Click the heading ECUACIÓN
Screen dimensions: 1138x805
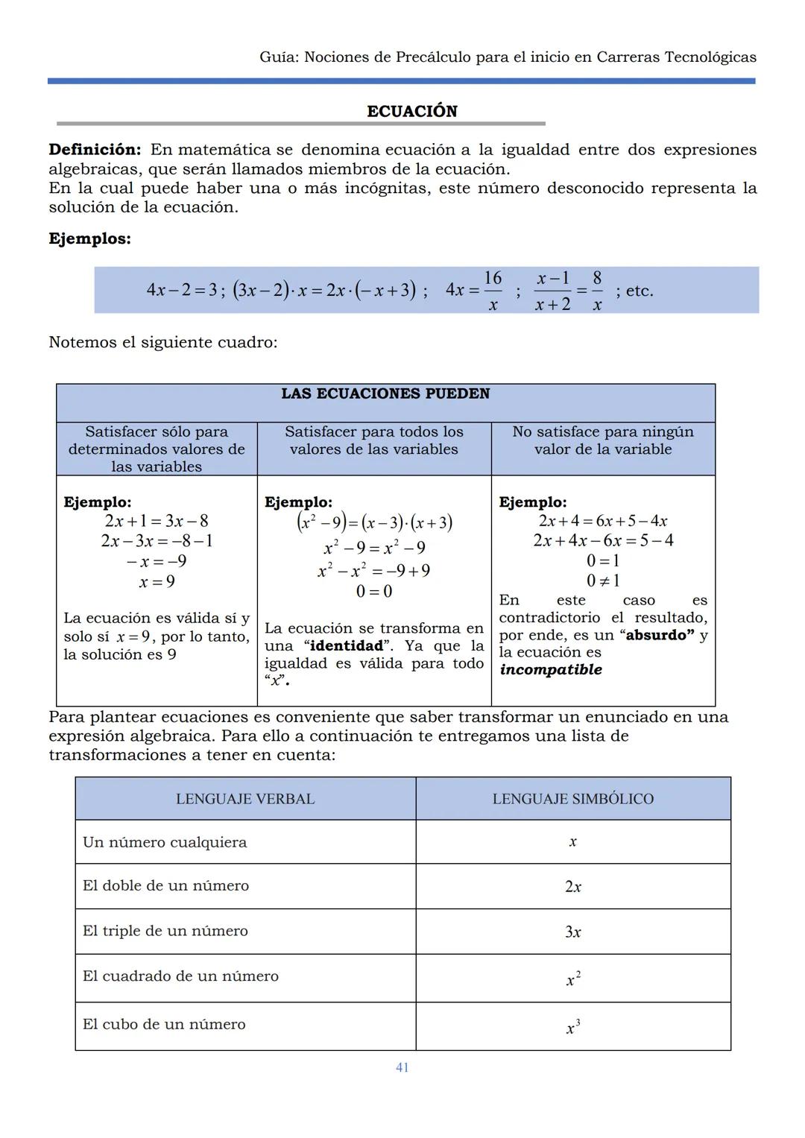[x=411, y=111]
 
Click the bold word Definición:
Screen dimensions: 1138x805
[x=95, y=150]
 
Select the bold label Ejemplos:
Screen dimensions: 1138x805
[x=89, y=239]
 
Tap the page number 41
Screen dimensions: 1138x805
[x=402, y=1067]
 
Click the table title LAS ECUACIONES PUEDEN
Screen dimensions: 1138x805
[x=385, y=393]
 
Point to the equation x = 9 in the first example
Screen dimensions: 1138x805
[x=157, y=581]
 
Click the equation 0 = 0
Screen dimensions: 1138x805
[x=373, y=592]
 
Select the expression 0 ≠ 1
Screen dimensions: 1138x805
[x=603, y=581]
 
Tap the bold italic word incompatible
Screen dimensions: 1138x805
[x=551, y=669]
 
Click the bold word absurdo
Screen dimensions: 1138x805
[x=660, y=635]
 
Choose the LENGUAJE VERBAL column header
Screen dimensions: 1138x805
[x=245, y=799]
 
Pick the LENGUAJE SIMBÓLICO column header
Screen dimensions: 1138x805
[x=572, y=799]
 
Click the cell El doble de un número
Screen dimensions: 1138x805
[x=165, y=885]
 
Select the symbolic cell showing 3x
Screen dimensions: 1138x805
[x=572, y=932]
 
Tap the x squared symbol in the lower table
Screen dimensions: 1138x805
[x=572, y=979]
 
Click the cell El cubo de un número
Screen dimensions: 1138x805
[x=164, y=1025]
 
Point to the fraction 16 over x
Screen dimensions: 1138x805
[x=493, y=291]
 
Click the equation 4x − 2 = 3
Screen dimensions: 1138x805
[x=181, y=290]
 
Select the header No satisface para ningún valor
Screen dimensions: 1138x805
[x=602, y=440]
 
